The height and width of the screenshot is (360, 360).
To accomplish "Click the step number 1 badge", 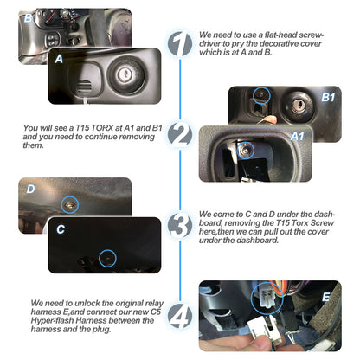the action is point(180,44).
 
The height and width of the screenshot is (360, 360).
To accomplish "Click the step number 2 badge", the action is point(180,134).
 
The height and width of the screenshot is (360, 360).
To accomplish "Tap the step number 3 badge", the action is point(180,225).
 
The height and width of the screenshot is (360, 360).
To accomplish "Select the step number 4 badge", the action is point(180,316).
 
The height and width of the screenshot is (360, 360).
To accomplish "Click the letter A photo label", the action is point(59,59).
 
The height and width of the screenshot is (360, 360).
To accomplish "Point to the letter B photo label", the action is point(28,18).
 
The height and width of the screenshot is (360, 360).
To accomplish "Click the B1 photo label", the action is point(328,97).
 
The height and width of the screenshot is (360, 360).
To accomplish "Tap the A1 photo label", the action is point(298,136).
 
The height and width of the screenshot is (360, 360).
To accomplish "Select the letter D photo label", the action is point(30,190).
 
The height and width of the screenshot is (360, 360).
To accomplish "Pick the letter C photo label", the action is point(61,229).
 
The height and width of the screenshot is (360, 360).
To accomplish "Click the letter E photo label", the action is point(326,297).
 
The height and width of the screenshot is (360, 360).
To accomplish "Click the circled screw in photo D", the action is point(70,204).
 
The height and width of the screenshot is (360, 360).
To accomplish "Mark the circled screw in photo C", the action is point(107,259).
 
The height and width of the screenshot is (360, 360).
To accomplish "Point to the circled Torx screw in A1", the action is point(245,150).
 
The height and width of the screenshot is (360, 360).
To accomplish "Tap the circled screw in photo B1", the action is point(261,95).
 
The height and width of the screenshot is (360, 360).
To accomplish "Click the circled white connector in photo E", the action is point(267,298).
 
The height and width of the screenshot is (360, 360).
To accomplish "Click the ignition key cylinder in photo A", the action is point(125,74).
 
